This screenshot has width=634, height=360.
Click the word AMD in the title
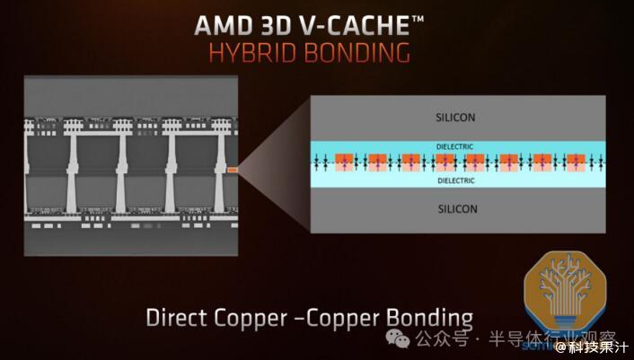coord(223,26)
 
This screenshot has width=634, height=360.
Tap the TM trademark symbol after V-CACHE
coord(418,19)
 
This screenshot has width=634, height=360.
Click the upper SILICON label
coord(455,118)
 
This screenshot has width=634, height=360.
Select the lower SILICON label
coord(458,209)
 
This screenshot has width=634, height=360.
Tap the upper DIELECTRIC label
coord(454,146)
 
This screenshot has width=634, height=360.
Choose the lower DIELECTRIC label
coord(456,180)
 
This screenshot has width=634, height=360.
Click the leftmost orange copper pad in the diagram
coord(345,162)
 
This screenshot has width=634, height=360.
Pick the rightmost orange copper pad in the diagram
coord(576,162)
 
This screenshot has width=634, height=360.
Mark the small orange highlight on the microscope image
coord(232,170)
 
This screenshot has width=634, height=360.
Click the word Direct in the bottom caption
coord(176,318)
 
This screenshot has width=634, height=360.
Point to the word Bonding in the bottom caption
coord(429,320)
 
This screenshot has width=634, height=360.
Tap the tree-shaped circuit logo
coord(565,289)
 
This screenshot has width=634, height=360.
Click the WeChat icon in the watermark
coord(397,338)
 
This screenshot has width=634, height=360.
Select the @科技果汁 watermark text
coord(591,347)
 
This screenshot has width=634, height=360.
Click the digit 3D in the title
coord(275,26)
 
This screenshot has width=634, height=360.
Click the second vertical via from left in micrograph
coord(121,173)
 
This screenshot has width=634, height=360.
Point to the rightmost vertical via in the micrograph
coord(219,173)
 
